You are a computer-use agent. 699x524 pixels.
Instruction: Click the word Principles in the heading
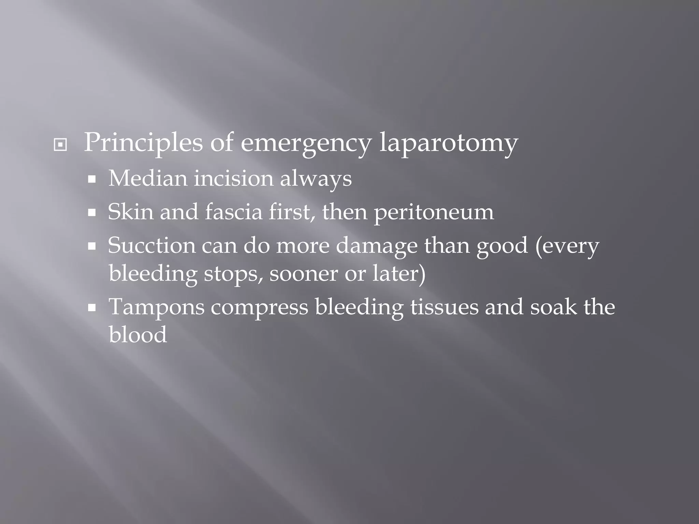[143, 143]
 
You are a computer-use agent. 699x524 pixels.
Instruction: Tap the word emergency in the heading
[305, 143]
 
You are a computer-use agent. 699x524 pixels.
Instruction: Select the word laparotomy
[448, 143]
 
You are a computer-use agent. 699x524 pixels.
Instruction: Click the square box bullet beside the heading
[60, 145]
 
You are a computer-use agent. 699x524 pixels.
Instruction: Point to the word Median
[147, 178]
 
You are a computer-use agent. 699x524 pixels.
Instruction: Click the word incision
[233, 178]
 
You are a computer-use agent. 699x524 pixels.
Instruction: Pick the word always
[316, 179]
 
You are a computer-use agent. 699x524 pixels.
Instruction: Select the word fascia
[234, 212]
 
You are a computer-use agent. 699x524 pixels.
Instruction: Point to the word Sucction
[152, 245]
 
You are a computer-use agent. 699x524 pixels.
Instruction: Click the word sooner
[303, 273]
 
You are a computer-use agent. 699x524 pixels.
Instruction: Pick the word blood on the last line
[138, 334]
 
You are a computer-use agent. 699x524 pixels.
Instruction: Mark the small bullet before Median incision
[91, 179]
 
